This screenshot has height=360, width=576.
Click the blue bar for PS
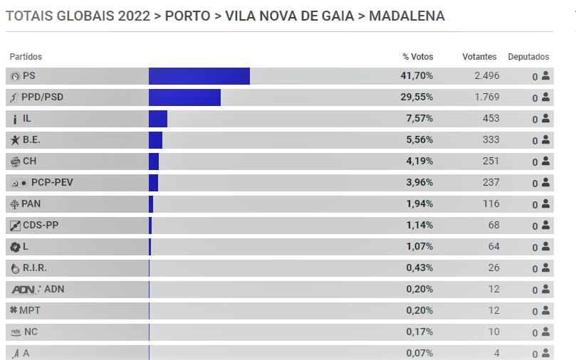(199, 76)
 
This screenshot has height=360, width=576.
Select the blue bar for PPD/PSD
(184, 97)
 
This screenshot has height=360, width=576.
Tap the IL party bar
(158, 119)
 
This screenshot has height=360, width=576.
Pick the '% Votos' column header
(417, 57)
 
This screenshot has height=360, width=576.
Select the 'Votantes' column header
(479, 57)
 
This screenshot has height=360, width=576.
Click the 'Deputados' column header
(528, 57)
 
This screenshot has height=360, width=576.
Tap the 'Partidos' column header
(26, 57)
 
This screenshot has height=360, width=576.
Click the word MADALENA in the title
(407, 16)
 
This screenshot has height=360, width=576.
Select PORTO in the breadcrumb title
(187, 16)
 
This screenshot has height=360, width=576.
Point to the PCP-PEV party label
(52, 183)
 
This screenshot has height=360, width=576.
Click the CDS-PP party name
(41, 226)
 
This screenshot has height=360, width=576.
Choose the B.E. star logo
(15, 140)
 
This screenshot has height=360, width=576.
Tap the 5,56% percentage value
(419, 140)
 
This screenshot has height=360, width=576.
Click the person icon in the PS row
(545, 76)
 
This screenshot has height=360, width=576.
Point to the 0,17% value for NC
(419, 332)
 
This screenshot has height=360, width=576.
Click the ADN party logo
(26, 290)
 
